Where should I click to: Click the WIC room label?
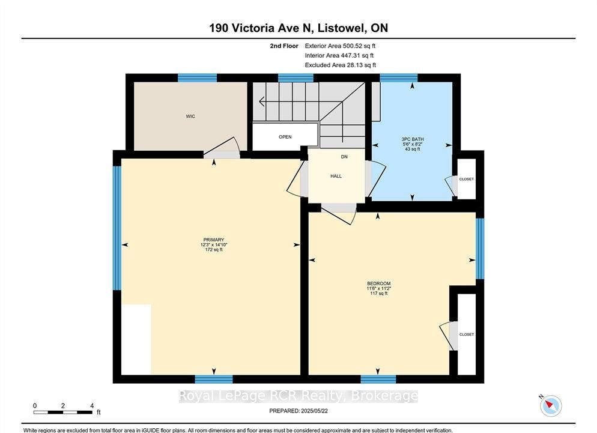point(190,116)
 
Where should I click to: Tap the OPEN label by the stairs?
point(285,137)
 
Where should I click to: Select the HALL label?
point(336,176)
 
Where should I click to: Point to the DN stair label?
point(344,157)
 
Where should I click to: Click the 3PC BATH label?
point(413,139)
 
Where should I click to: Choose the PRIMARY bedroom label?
point(214,240)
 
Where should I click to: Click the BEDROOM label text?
point(379,283)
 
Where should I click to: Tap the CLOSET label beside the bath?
point(467,179)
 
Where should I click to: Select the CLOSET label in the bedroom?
point(467,335)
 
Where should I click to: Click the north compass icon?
point(551,405)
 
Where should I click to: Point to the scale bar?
point(63,412)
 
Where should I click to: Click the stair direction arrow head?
point(262,101)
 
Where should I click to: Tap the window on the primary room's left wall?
point(117,228)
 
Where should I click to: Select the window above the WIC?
point(197,77)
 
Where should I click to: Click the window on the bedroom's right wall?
point(480,248)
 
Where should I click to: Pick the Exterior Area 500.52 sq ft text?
point(340,46)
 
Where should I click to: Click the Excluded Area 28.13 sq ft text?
point(341,65)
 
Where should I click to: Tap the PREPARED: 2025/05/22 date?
point(298,411)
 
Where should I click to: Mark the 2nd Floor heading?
point(284,46)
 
